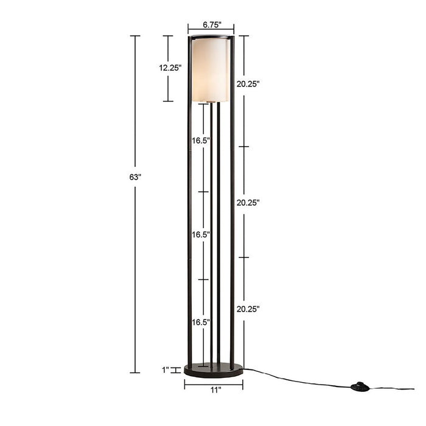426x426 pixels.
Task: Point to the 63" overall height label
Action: tap(135, 177)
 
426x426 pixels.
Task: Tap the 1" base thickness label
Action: tap(165, 369)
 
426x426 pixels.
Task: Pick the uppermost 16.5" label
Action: tap(201, 141)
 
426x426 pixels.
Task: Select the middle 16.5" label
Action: tap(201, 234)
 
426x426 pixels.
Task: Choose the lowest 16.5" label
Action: tap(201, 322)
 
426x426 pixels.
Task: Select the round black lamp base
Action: tap(213, 369)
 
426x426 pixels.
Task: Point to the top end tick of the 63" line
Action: tap(135, 36)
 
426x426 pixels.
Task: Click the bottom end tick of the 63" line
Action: tap(135, 372)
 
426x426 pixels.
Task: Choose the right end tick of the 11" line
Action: tap(242, 384)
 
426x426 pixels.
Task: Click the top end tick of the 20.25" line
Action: tap(243, 36)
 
